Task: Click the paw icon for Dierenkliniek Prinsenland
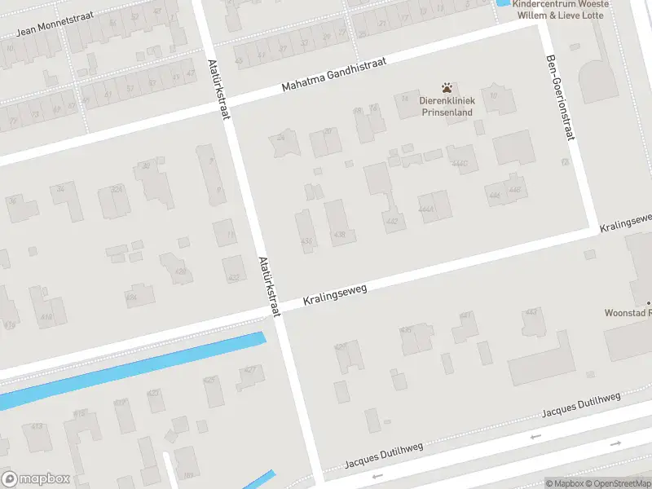tap(446, 87)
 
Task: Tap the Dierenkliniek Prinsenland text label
tap(446, 107)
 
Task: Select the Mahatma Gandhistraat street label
tap(333, 73)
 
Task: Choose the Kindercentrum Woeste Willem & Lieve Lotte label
tap(561, 9)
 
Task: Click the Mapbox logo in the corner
tap(36, 478)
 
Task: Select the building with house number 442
tap(392, 220)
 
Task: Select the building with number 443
tap(532, 312)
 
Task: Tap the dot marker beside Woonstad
tap(650, 302)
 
